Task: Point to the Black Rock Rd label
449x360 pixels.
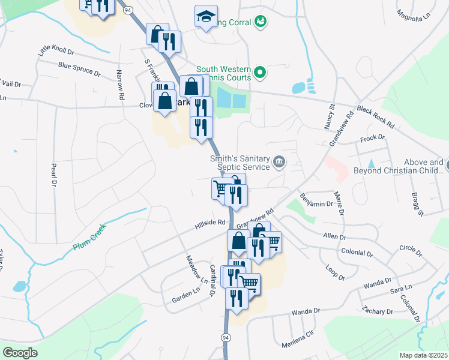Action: (375, 118)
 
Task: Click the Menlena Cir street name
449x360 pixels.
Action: (298, 344)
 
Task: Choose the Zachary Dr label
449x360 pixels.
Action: (377, 311)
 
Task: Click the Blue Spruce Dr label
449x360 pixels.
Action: (79, 67)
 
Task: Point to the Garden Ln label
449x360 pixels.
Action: (185, 295)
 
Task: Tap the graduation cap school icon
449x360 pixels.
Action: (206, 17)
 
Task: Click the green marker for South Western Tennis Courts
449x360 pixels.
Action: (260, 73)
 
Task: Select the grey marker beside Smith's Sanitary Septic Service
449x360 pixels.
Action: (279, 161)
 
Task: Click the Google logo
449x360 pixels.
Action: (20, 352)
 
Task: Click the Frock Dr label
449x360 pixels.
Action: (372, 139)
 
